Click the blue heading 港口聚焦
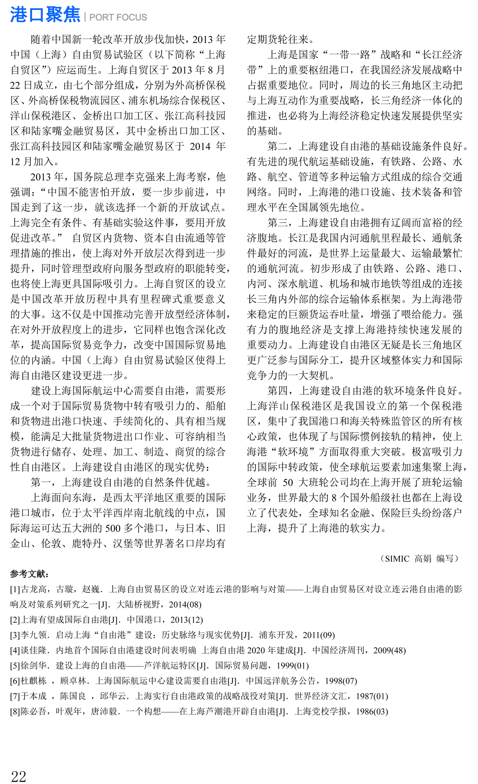click(45, 15)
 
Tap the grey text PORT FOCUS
click(118, 18)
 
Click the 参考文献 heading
click(29, 574)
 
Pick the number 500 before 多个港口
click(113, 528)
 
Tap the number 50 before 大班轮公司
click(288, 483)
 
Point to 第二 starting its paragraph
click(278, 147)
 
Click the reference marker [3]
click(15, 635)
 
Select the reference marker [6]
click(15, 681)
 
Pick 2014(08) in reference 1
click(185, 604)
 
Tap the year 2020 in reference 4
click(256, 651)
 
